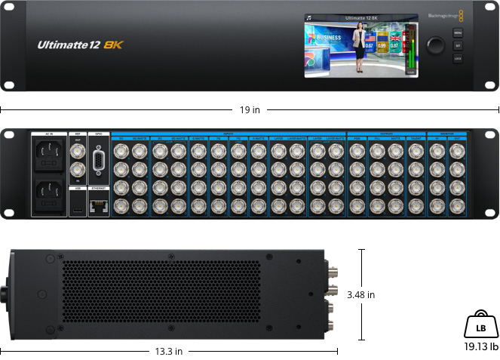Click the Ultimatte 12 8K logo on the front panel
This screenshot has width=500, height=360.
[x=80, y=45]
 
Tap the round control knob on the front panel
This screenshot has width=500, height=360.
[x=436, y=45]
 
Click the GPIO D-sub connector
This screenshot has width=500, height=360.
[x=98, y=159]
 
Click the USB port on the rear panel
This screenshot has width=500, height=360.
[x=78, y=206]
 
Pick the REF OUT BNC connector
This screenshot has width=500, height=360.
[x=78, y=152]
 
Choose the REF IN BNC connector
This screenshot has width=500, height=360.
[x=78, y=174]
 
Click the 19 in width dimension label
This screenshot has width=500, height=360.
[x=250, y=110]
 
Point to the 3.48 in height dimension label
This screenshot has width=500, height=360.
[x=360, y=294]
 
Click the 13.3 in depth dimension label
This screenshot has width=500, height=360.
[x=167, y=351]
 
